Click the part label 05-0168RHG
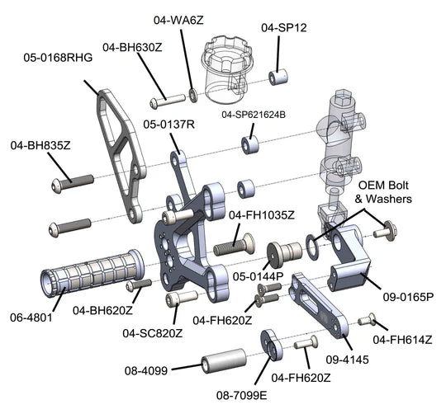point(58,58)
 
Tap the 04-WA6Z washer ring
point(193,96)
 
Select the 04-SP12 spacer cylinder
point(278,77)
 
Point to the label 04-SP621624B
point(254,115)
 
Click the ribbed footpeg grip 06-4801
point(93,273)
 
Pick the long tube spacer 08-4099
point(225,360)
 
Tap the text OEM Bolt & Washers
point(383,192)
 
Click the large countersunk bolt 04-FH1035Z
point(234,245)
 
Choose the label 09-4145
point(347,360)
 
